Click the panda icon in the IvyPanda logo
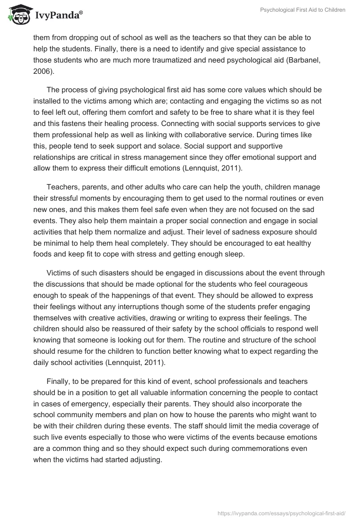pyautogui.click(x=18, y=15)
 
